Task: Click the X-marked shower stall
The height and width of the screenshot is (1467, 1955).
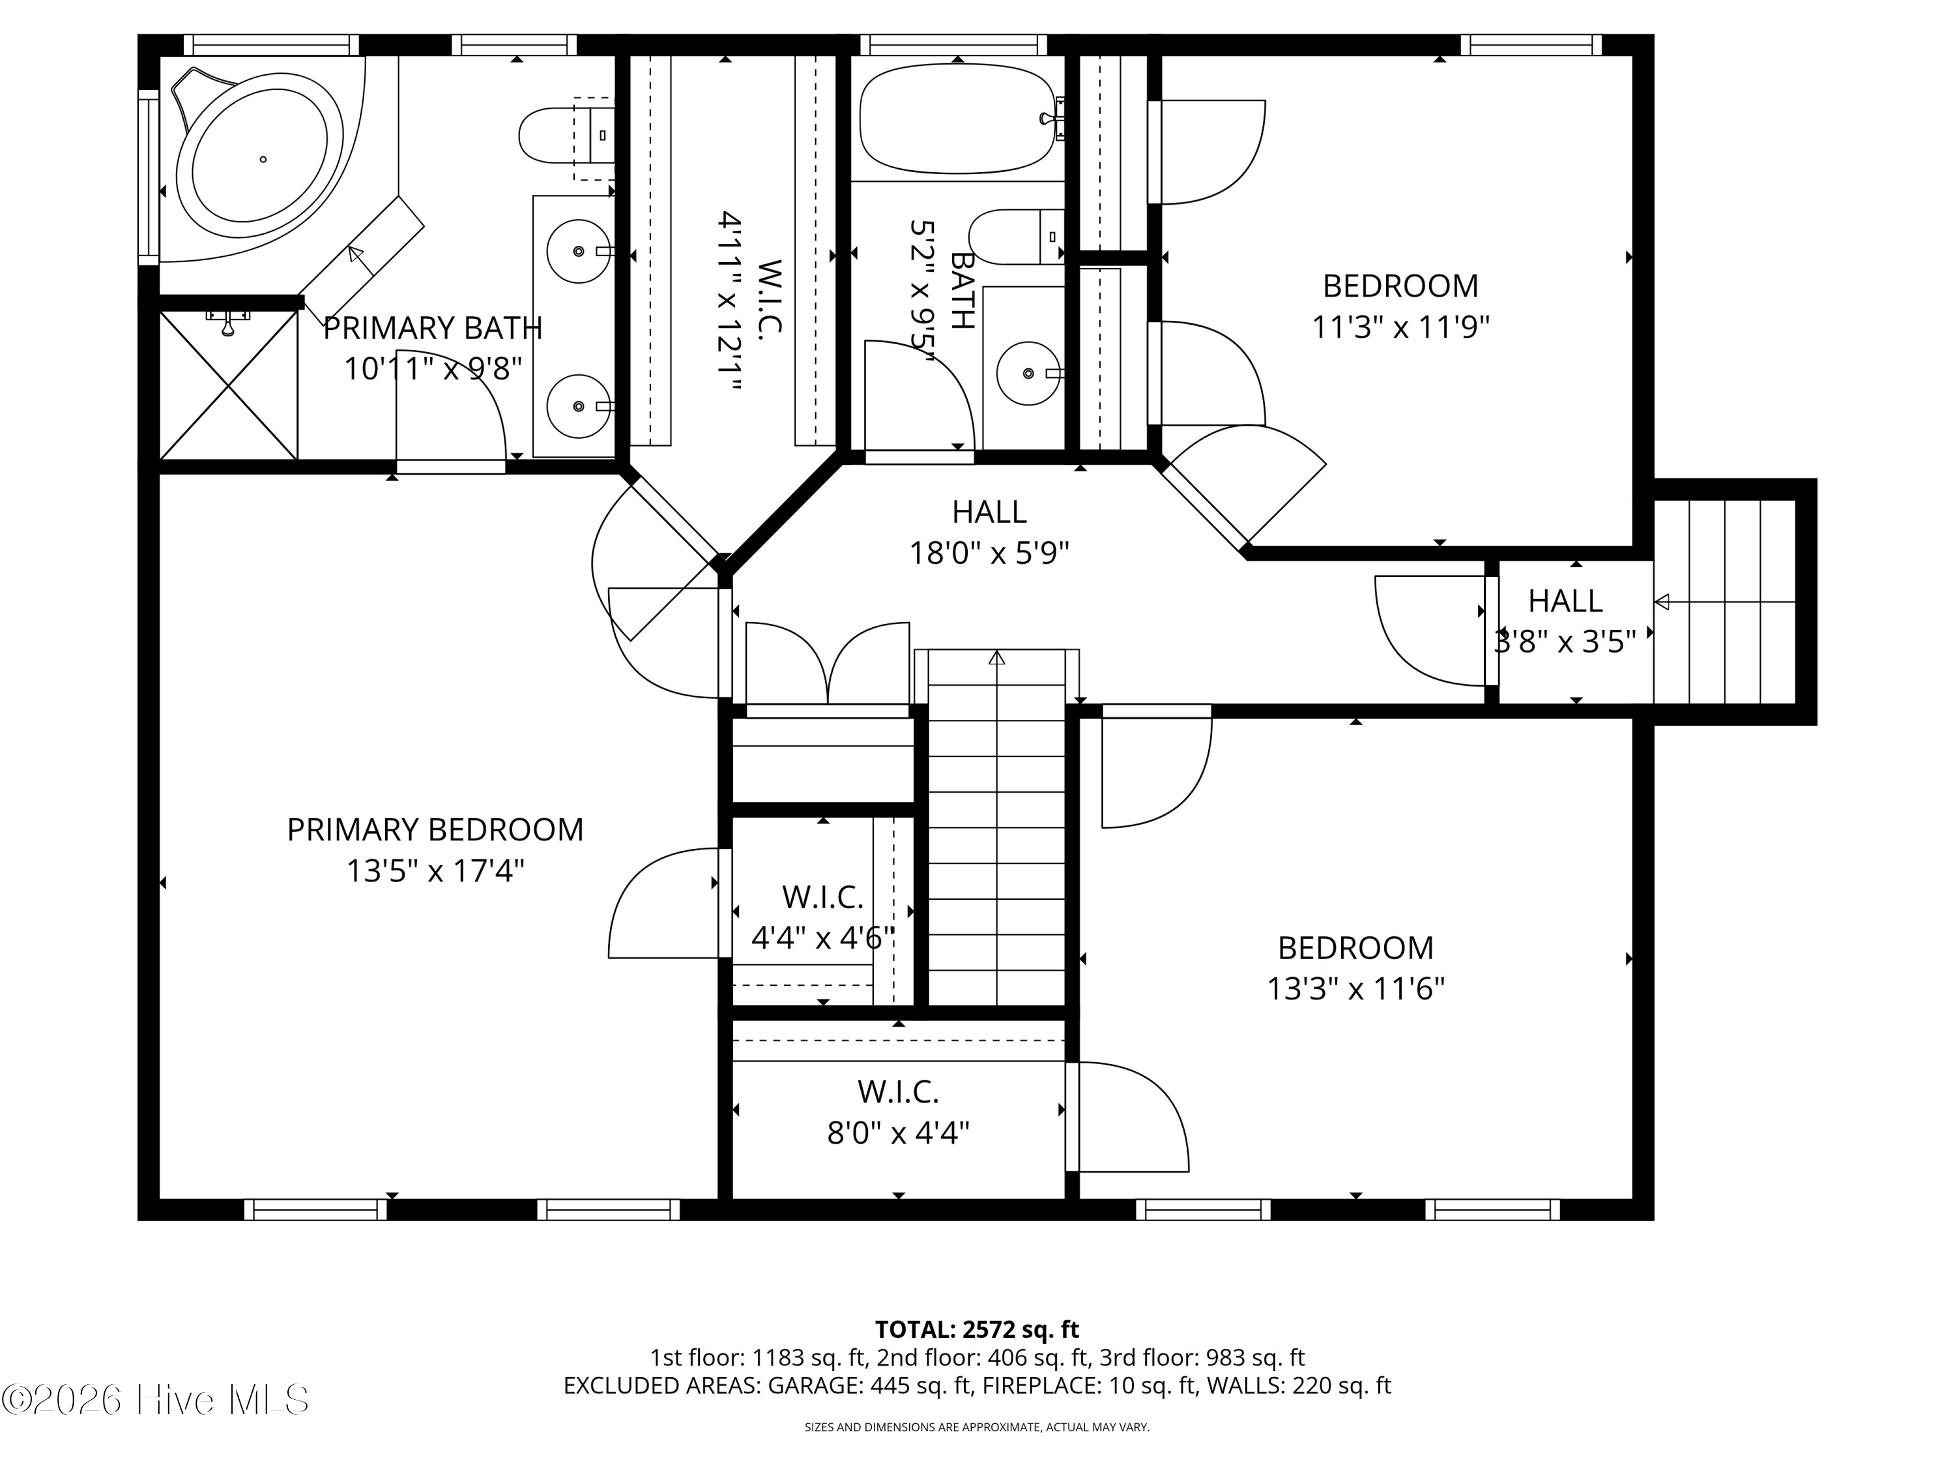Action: [228, 385]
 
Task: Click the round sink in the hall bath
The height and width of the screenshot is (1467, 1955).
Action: [1028, 373]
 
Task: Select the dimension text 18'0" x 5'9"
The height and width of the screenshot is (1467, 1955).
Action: [989, 554]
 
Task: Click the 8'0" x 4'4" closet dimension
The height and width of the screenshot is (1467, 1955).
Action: [898, 1133]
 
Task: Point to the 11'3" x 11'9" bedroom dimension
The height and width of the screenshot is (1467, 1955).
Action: [1400, 327]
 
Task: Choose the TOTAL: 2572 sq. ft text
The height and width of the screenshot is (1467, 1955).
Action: [977, 1329]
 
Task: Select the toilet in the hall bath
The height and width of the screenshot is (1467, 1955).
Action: [1012, 237]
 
